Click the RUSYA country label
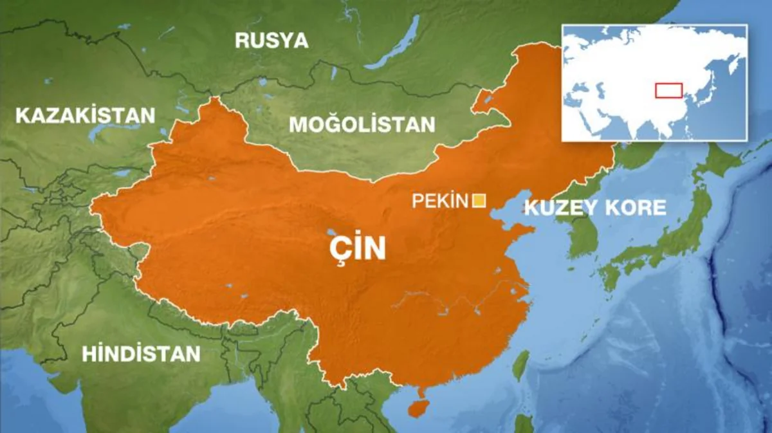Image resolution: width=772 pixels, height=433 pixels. pyautogui.click(x=271, y=41)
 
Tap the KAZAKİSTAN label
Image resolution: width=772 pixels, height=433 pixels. pyautogui.click(x=85, y=116)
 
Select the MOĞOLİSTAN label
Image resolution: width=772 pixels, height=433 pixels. pyautogui.click(x=362, y=124)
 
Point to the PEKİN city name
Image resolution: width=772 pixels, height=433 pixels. pyautogui.click(x=439, y=201)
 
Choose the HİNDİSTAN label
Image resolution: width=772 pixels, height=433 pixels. pyautogui.click(x=141, y=353)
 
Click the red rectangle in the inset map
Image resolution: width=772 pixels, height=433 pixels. pyautogui.click(x=668, y=90)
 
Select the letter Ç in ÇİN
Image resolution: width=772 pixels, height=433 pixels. pyautogui.click(x=338, y=250)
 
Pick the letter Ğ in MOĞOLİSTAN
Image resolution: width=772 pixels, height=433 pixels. pyautogui.click(x=333, y=124)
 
